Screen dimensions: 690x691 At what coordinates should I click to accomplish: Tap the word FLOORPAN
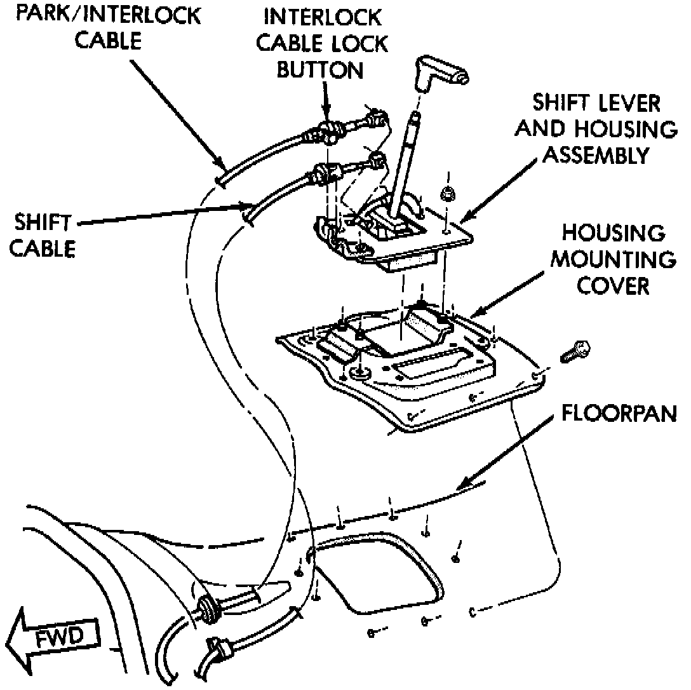[619, 414]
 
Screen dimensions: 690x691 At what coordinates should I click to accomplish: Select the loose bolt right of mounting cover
[575, 352]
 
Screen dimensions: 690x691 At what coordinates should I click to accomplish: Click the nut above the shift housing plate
[447, 193]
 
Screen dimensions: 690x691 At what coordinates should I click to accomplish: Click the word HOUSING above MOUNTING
[613, 233]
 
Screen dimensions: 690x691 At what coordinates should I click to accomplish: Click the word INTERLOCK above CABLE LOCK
[325, 16]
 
